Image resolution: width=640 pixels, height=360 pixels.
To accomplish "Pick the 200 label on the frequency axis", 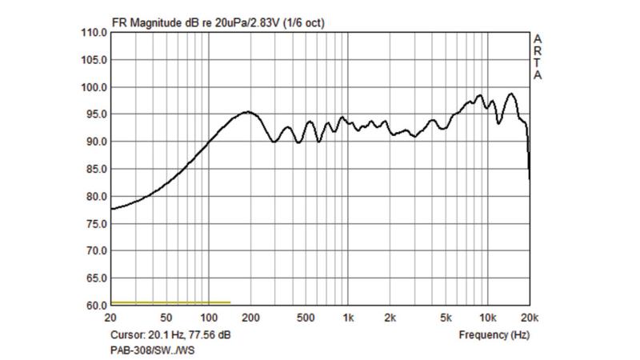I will (x=250, y=318).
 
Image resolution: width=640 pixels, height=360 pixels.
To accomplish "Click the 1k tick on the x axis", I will (x=348, y=318).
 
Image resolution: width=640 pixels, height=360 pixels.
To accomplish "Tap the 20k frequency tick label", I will (x=528, y=318).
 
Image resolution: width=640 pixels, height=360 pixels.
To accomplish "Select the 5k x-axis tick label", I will (x=446, y=318).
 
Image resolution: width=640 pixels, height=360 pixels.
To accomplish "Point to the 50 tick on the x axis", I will (x=166, y=318).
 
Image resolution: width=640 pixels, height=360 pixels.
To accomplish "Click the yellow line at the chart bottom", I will (x=170, y=302).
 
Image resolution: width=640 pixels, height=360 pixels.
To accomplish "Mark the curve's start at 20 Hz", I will (x=111, y=209).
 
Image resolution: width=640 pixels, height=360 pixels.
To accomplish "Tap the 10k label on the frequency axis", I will (x=487, y=318).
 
